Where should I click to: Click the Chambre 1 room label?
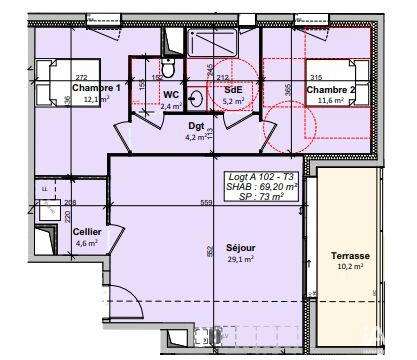pos(96,88)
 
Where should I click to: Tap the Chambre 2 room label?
pos(332,88)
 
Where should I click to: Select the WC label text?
pos(170,94)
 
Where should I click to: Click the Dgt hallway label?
pos(195,126)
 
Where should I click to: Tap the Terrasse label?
pos(351,256)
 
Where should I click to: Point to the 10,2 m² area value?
pos(351,267)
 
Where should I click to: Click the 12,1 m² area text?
pos(96,99)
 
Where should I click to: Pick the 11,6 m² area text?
pos(331,99)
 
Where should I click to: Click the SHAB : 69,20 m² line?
pos(265,187)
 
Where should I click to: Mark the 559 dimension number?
pos(208,204)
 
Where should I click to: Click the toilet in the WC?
pos(169,69)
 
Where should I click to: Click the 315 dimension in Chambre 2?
pos(316,77)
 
